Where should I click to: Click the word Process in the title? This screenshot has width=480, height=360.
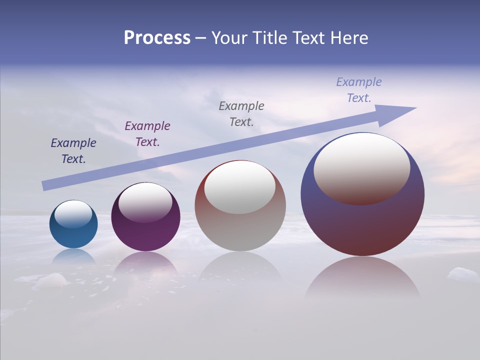[x=157, y=38]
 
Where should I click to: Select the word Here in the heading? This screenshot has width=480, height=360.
[x=348, y=38]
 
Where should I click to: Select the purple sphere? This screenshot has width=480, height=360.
[x=145, y=235]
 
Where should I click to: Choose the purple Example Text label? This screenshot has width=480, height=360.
[x=147, y=134]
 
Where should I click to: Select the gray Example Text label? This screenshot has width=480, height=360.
[x=241, y=113]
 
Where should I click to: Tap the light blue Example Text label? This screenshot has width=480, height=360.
[x=359, y=89]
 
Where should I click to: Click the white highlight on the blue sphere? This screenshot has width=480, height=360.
[x=73, y=213]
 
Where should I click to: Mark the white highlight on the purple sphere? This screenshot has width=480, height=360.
[x=145, y=201]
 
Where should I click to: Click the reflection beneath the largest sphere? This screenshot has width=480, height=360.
[x=362, y=277]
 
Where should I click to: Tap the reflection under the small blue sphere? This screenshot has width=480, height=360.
[x=73, y=256]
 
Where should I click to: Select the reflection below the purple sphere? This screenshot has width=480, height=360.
[x=145, y=262]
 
